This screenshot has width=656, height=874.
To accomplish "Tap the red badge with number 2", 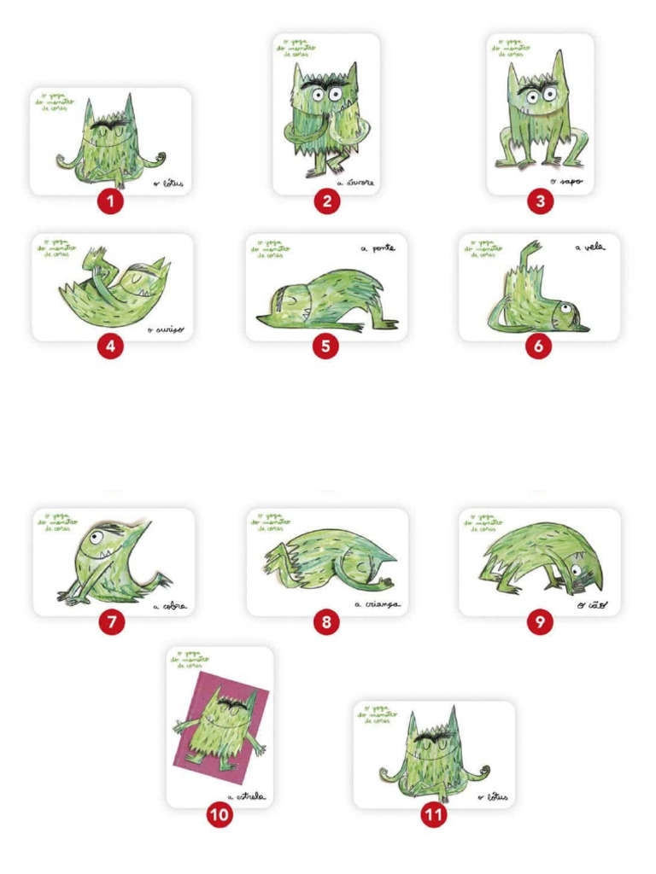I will coord(326,201).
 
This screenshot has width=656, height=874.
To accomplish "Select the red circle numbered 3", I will coord(540,201).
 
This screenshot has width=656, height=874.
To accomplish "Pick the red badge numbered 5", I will coord(325,347).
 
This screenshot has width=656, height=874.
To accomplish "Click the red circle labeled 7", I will coord(111,622).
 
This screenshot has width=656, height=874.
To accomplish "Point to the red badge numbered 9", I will coord(540,622).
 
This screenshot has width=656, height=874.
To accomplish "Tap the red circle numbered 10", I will coord(220,815).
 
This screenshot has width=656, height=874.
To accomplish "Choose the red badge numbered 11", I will coord(435,815).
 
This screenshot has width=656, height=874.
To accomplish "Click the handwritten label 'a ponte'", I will coord(378,248).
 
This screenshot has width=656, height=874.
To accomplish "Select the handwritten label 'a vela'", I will coord(589,248).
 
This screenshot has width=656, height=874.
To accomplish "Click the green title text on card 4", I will coord(57,248).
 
